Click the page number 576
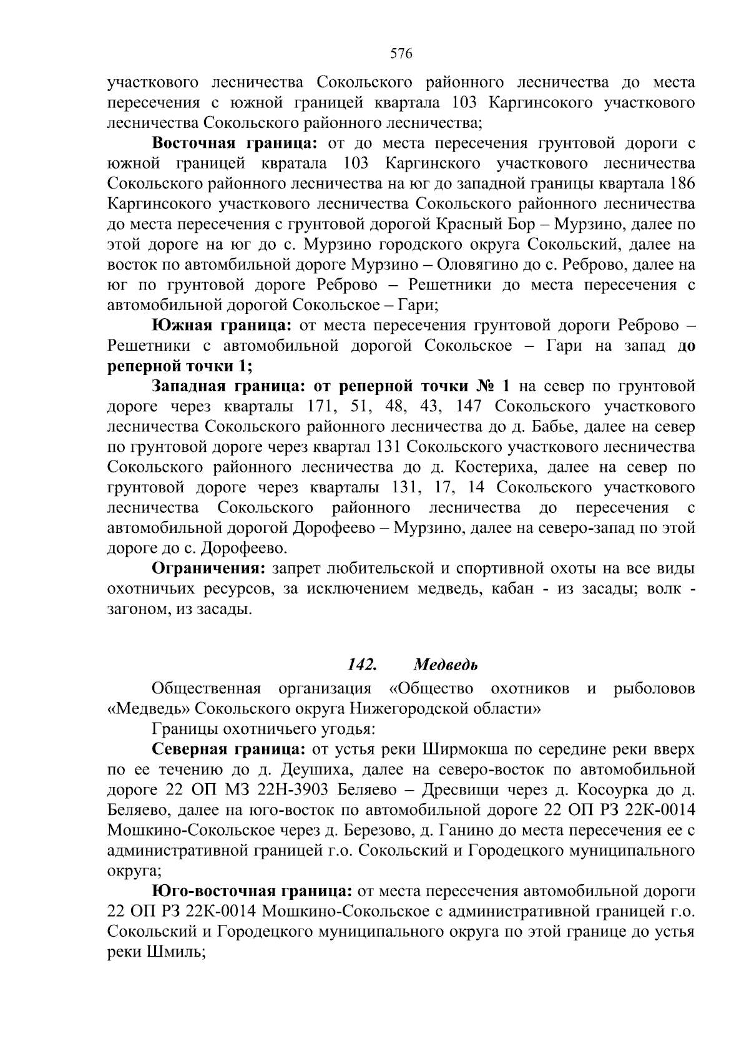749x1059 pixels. pos(401,54)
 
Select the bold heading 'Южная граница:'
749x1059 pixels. pos(222,325)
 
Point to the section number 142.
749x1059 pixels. pos(361,665)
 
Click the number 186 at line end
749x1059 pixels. pos(681,184)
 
